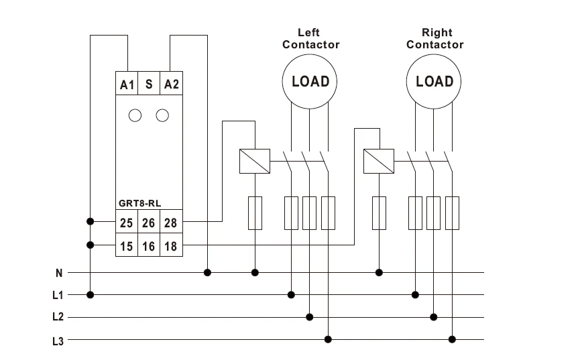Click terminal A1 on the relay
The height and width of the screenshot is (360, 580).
tap(127, 84)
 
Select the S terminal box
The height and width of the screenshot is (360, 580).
tap(149, 84)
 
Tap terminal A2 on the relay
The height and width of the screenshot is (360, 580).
tap(172, 84)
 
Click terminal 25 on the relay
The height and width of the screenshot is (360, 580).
tap(127, 222)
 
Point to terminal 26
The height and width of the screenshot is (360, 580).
tap(149, 222)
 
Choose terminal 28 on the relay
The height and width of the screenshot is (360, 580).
tap(171, 222)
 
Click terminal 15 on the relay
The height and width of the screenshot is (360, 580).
tap(127, 246)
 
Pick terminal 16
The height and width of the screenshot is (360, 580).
tap(149, 246)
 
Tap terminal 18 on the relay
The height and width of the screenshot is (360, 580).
tap(171, 246)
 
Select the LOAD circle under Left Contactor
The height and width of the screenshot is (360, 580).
tap(310, 81)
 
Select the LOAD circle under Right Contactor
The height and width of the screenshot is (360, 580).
tap(434, 81)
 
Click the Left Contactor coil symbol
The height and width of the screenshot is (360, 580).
tap(255, 162)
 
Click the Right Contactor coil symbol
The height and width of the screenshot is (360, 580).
tap(378, 162)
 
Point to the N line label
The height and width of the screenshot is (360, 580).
tap(59, 273)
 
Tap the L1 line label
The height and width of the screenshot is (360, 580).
tap(58, 295)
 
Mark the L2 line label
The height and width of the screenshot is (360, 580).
tap(58, 317)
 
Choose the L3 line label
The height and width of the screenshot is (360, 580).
tap(58, 340)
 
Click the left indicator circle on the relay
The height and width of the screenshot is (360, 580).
tap(135, 115)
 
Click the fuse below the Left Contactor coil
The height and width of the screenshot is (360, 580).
tap(255, 213)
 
